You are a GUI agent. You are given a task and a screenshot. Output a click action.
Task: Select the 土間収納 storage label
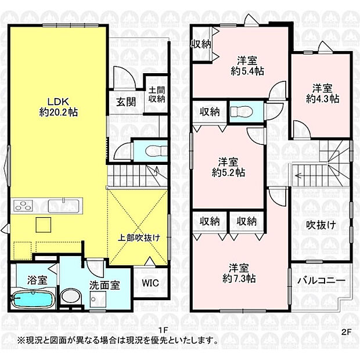click(x=156, y=95)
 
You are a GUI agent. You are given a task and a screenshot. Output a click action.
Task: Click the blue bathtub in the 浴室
click(x=34, y=300)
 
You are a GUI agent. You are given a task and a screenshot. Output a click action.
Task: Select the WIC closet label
click(x=150, y=283)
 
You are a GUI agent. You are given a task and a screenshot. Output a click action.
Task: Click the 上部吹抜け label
click(x=138, y=237)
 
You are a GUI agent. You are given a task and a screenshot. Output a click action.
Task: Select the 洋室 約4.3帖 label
click(x=323, y=93)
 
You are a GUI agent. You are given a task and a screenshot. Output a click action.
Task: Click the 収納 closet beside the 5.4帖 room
click(x=201, y=44)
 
